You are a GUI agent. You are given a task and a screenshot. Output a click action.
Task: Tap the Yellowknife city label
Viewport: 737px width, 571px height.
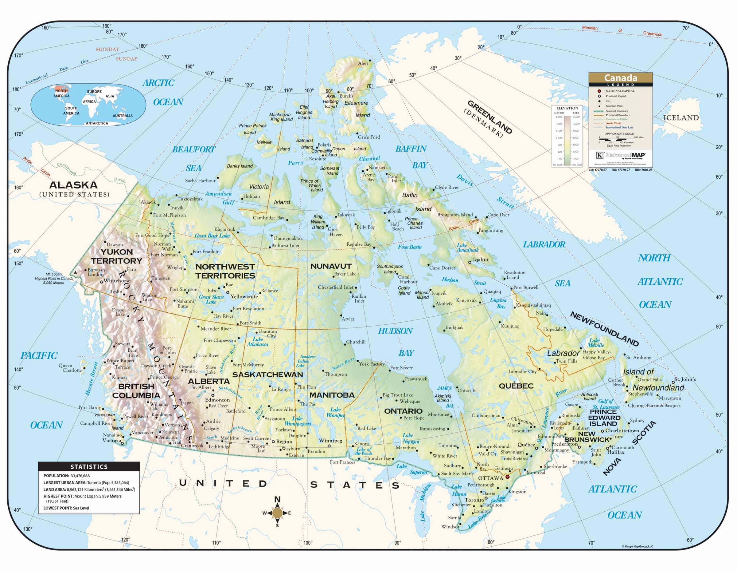[244, 296]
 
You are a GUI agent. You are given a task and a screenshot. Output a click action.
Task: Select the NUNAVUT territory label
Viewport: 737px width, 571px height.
[331, 266]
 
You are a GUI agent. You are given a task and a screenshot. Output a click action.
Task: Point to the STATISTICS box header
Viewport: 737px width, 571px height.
[89, 466]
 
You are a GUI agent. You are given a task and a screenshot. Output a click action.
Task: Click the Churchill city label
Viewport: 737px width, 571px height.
[356, 342]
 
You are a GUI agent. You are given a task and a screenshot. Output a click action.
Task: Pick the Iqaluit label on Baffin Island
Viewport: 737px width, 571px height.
[481, 260]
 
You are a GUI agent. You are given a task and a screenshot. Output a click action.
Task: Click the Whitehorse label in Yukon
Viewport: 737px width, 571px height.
[117, 280]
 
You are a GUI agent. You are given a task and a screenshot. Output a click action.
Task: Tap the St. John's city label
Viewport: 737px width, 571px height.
[685, 379]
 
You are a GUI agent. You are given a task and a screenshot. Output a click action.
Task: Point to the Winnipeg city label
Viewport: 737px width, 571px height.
[331, 441]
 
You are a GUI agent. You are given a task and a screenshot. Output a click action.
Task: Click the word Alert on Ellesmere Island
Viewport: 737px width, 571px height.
[363, 63]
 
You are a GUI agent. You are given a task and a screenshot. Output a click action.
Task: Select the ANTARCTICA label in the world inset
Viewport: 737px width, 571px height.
[96, 123]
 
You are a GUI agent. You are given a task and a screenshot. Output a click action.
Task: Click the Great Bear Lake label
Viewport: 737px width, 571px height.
[212, 236]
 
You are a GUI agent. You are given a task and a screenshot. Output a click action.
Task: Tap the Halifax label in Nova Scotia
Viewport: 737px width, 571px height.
[616, 452]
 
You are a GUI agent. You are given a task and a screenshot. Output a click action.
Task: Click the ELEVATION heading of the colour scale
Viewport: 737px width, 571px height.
[567, 108]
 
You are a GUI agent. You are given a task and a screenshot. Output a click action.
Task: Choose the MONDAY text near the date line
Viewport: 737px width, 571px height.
[107, 49]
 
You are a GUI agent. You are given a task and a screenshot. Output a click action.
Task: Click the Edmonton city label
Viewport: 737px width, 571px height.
[217, 400]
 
